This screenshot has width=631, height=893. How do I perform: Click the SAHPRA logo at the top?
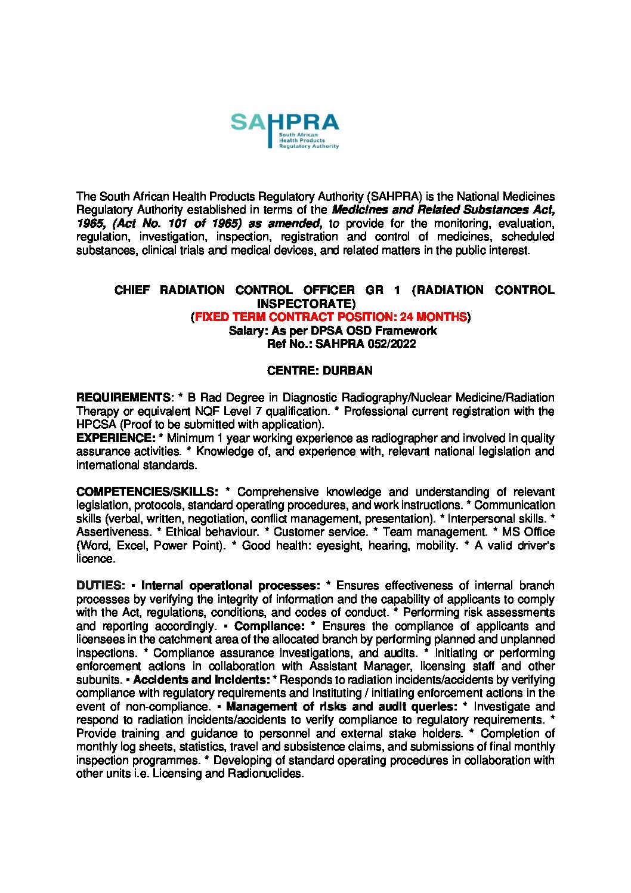tap(284, 130)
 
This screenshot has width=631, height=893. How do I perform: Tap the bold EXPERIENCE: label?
tap(116, 438)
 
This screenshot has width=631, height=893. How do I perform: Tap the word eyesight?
tap(338, 545)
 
